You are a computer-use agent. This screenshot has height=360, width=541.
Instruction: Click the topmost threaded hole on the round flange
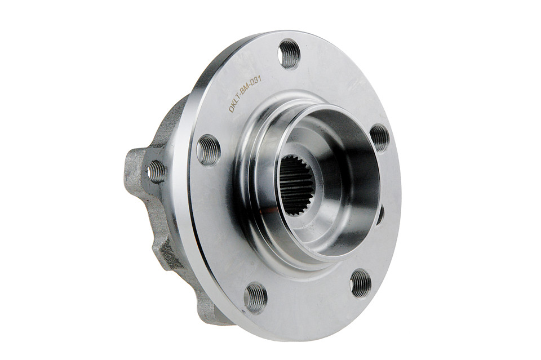click(289, 54)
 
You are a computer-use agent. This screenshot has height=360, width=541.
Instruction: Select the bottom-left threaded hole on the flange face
click(256, 297)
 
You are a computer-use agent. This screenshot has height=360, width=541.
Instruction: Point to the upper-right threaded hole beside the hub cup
click(379, 139)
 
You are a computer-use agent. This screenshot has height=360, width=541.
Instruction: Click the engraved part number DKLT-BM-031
click(246, 95)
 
